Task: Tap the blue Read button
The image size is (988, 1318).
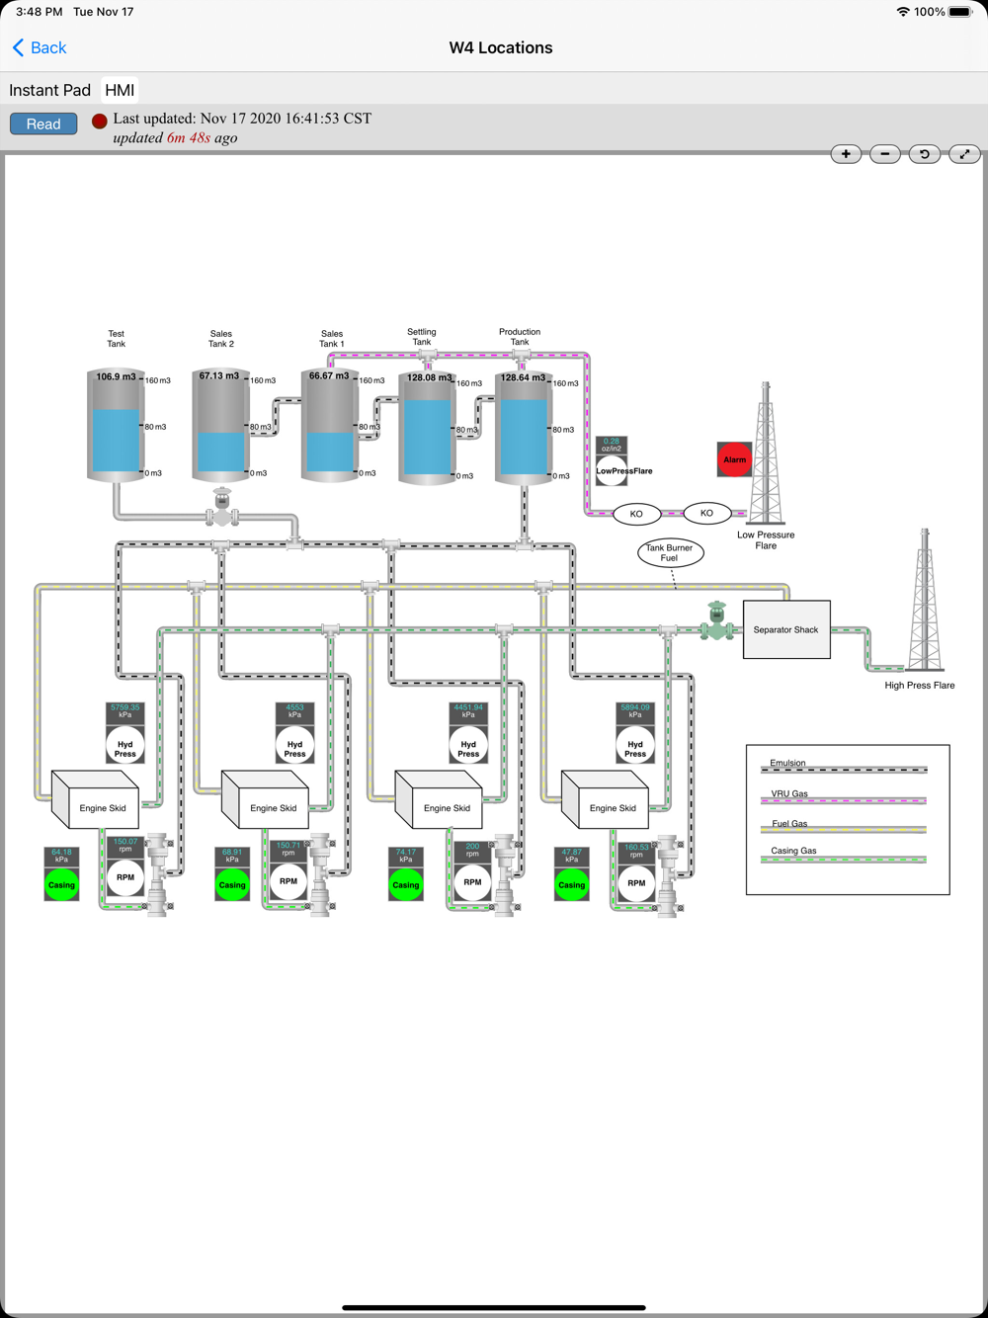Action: point(43,124)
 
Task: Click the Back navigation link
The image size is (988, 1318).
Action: point(40,47)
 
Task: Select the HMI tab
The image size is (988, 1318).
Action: point(120,90)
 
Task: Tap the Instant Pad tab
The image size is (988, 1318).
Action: point(49,90)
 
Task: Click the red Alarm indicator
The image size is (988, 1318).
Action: point(734,459)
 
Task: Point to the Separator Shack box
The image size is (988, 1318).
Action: point(786,629)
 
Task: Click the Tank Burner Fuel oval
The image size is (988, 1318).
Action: point(669,552)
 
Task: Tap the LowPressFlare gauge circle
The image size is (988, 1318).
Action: point(612,470)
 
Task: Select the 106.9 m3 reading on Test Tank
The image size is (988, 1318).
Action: point(116,376)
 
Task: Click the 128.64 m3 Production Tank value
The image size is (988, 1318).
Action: point(523,377)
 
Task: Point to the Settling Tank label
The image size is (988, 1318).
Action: point(422,337)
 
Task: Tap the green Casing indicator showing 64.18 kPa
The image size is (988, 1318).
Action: point(61,884)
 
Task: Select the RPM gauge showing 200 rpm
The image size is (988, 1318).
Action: point(472,881)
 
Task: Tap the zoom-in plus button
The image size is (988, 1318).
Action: point(846,154)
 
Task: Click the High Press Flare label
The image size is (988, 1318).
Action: point(919,685)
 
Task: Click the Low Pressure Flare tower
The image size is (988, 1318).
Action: point(765,454)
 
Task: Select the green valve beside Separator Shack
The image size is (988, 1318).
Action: point(716,622)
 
